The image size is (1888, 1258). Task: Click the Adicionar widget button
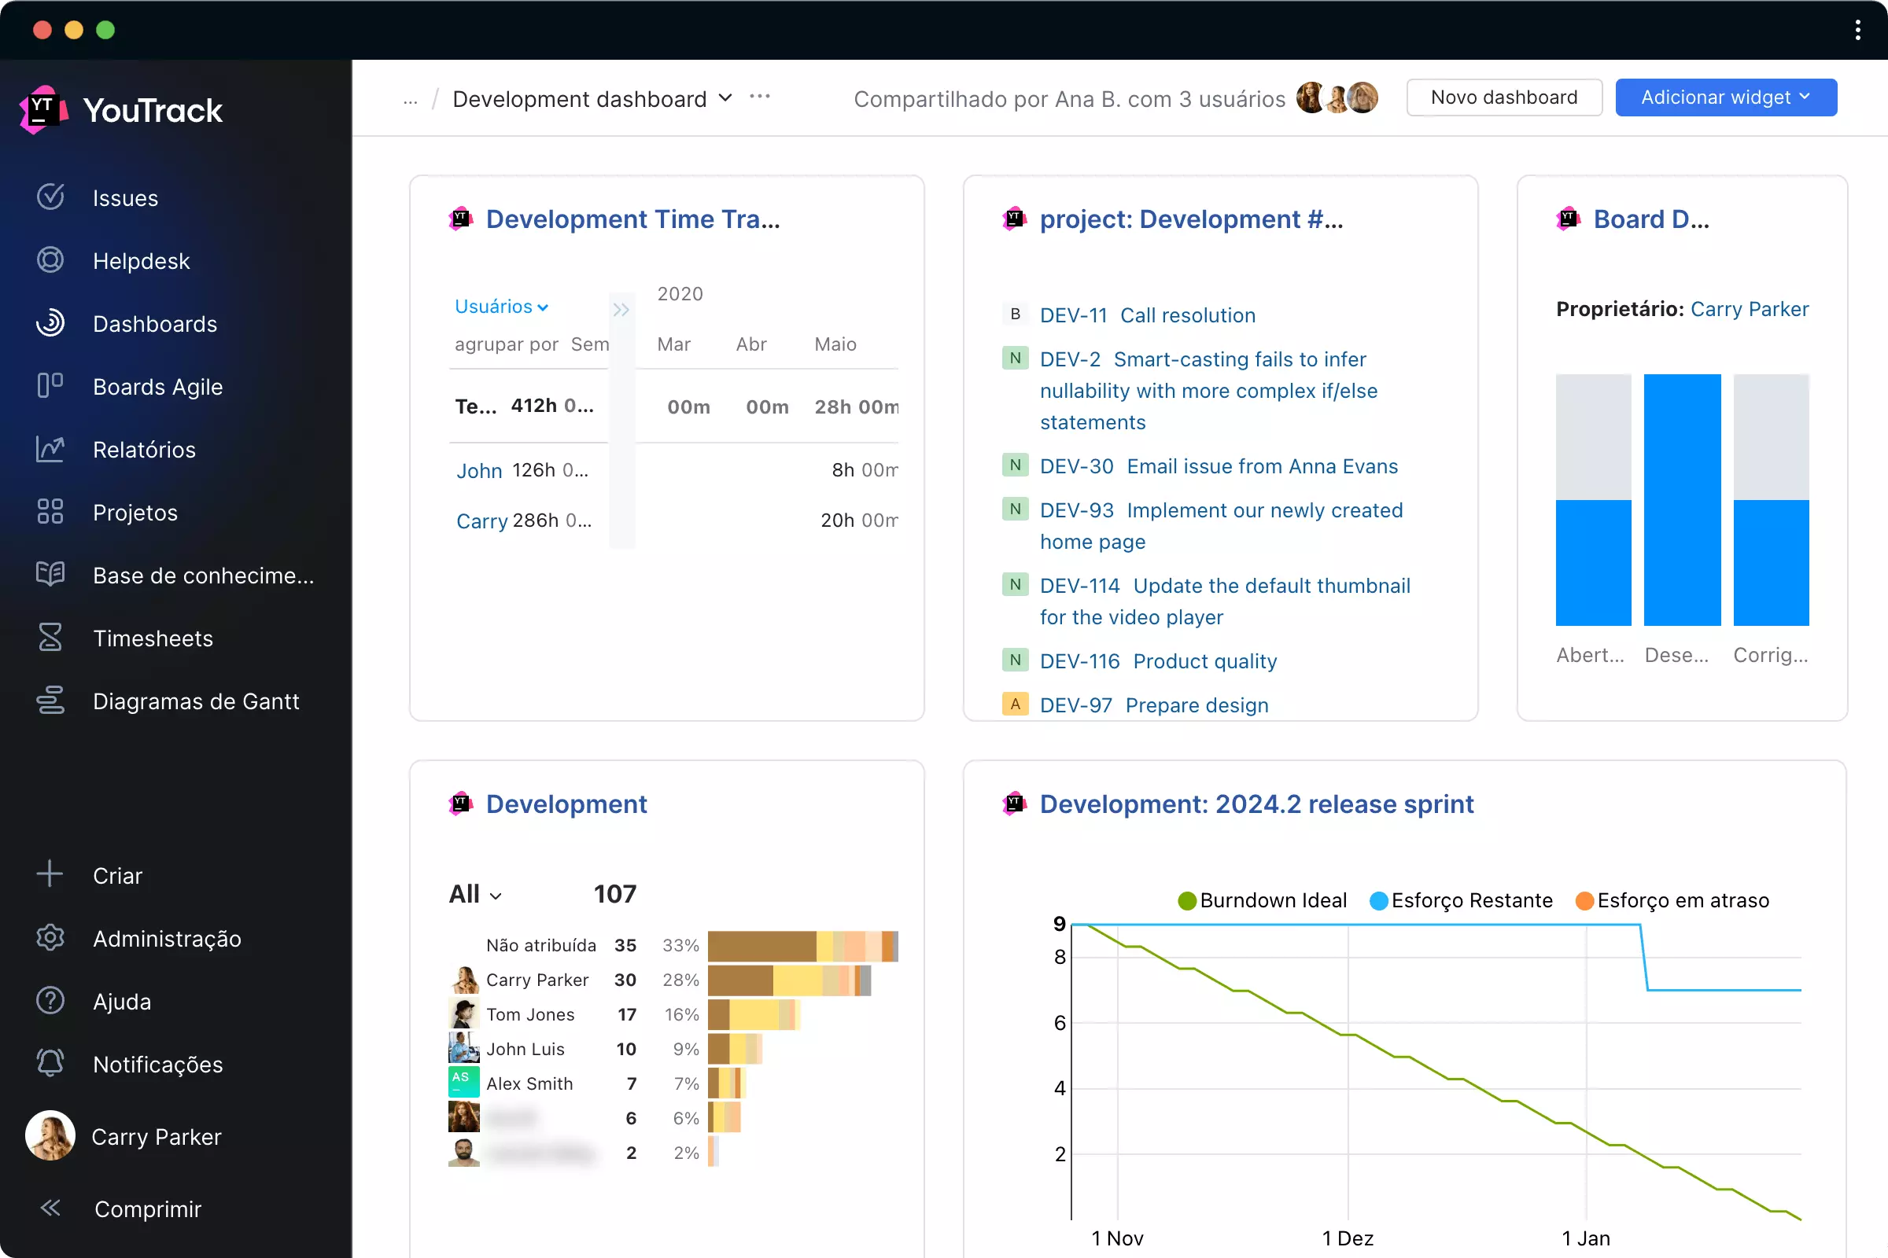[1725, 97]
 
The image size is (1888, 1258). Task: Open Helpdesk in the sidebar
[141, 261]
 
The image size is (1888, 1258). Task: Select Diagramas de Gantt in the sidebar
[195, 701]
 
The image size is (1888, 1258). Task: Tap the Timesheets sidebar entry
[153, 638]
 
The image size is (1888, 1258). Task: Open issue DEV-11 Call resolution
[1147, 315]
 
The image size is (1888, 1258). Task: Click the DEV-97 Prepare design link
[1153, 705]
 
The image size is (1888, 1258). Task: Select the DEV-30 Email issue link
[1218, 466]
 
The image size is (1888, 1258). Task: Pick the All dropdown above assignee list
[475, 894]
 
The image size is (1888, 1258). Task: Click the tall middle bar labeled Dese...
[1682, 499]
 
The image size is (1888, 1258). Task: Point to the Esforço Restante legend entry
[1461, 900]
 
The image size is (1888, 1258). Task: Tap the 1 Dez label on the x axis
[1348, 1238]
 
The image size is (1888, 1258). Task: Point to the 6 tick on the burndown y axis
[1060, 1023]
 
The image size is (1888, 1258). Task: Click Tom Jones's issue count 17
[627, 1014]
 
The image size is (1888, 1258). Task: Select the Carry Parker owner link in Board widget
[1749, 309]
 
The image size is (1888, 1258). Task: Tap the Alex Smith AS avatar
[463, 1083]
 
